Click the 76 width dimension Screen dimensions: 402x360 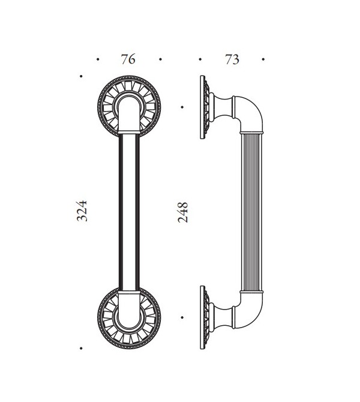[x=128, y=59]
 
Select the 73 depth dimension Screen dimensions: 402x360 [x=232, y=59]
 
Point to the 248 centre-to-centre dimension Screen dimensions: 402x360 [x=183, y=212]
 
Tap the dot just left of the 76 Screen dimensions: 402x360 [x=98, y=59]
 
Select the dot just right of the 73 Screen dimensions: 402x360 [x=263, y=59]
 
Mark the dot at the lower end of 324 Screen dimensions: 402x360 [x=81, y=347]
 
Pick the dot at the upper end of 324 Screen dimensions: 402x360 [x=81, y=76]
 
